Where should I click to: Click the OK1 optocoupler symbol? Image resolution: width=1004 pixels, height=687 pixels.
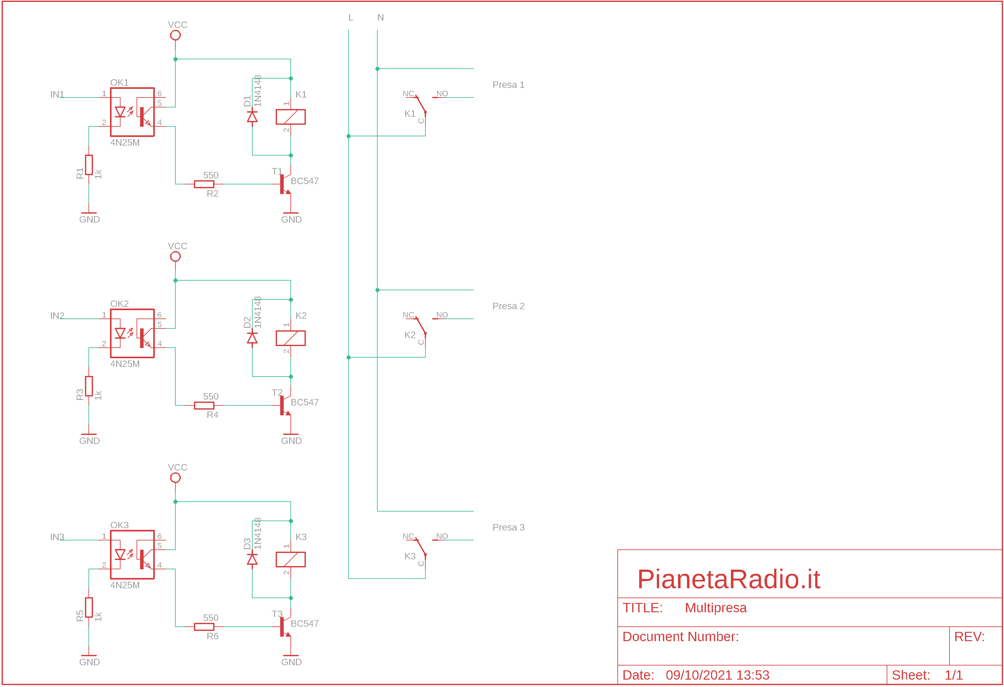pyautogui.click(x=132, y=112)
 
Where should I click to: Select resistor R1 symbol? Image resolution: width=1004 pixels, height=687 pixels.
pyautogui.click(x=89, y=165)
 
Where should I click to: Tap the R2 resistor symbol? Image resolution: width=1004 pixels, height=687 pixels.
pyautogui.click(x=204, y=184)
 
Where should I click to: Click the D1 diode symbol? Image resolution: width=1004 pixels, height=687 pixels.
pyautogui.click(x=252, y=117)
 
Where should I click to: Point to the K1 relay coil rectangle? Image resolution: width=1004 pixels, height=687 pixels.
pyautogui.click(x=291, y=117)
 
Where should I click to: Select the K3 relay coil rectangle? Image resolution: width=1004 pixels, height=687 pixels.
pyautogui.click(x=291, y=559)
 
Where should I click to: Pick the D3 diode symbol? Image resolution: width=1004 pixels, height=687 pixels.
pyautogui.click(x=252, y=559)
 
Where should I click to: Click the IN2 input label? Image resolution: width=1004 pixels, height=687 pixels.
pyautogui.click(x=57, y=316)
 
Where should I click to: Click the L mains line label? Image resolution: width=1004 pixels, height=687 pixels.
pyautogui.click(x=351, y=18)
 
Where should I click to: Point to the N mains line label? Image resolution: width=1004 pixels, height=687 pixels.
pyautogui.click(x=381, y=18)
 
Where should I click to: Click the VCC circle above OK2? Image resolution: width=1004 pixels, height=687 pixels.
pyautogui.click(x=175, y=256)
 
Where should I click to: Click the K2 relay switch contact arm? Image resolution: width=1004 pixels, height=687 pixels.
pyautogui.click(x=421, y=326)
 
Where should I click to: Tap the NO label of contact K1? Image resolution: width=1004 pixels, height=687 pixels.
pyautogui.click(x=442, y=94)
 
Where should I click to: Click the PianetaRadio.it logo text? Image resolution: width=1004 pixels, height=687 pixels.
pyautogui.click(x=729, y=579)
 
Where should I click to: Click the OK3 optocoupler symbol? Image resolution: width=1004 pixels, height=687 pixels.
pyautogui.click(x=132, y=555)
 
